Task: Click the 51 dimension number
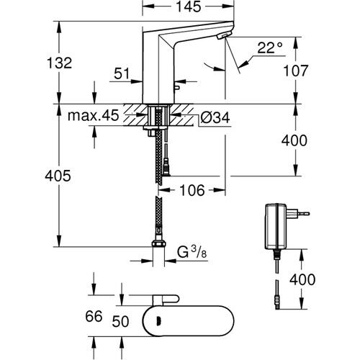(122, 73)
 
